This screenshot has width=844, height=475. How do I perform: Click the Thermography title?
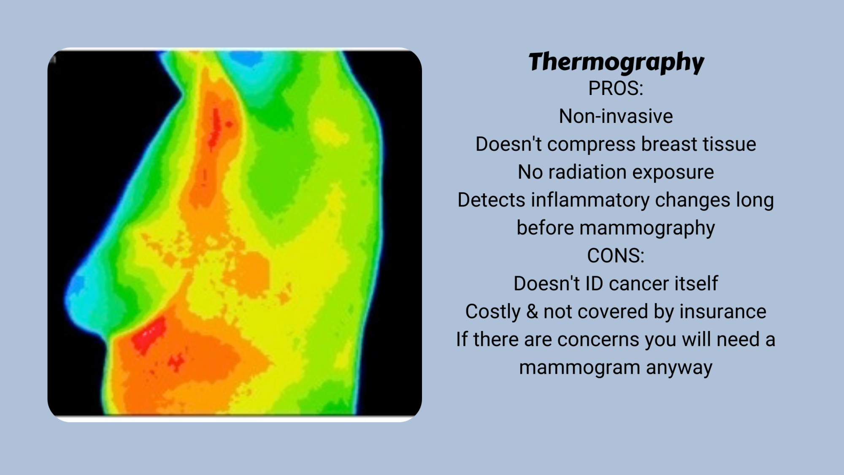coord(616,62)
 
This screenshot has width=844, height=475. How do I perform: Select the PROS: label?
coord(616,89)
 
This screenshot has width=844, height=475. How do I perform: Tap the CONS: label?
coord(616,256)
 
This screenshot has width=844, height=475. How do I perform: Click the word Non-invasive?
coord(616,116)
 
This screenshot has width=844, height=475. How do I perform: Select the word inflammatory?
coord(590,200)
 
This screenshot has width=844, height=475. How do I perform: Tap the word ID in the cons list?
coord(595,284)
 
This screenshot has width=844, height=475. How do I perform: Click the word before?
coord(545,228)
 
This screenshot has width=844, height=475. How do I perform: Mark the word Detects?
coord(491,200)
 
